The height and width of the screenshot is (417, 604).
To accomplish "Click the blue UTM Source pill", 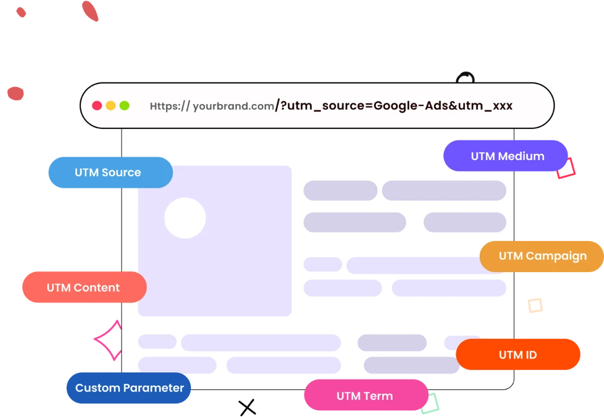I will point(109,173).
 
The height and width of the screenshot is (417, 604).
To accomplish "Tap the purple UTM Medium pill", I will point(506,156).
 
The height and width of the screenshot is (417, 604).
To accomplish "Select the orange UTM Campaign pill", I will point(541,256).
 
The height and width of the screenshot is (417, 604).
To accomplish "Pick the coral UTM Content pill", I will point(84,287).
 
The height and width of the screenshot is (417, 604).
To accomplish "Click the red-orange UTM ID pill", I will point(518,355).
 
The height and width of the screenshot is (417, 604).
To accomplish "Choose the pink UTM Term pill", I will point(365,395).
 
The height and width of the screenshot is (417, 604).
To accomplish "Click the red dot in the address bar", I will point(97,106).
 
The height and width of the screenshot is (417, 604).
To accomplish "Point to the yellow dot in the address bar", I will point(111,106).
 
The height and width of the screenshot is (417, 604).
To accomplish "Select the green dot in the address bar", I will point(124,106).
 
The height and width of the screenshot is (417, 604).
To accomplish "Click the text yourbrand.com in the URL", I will point(233,106).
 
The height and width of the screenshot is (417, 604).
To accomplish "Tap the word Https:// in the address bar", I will point(170,106).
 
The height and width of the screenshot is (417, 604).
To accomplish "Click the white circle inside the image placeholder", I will point(185,218).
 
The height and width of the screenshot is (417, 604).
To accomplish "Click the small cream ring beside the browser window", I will point(535,306).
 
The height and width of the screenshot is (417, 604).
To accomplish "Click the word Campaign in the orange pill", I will point(556,256).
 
